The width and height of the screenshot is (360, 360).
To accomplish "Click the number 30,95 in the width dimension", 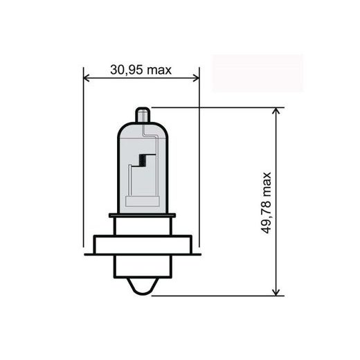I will point(130,70).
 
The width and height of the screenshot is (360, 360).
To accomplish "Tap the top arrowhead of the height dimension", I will point(278,111).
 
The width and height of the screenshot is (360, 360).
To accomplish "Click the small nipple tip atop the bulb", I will point(142,113).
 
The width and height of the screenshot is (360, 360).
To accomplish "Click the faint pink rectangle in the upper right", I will point(258,73).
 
